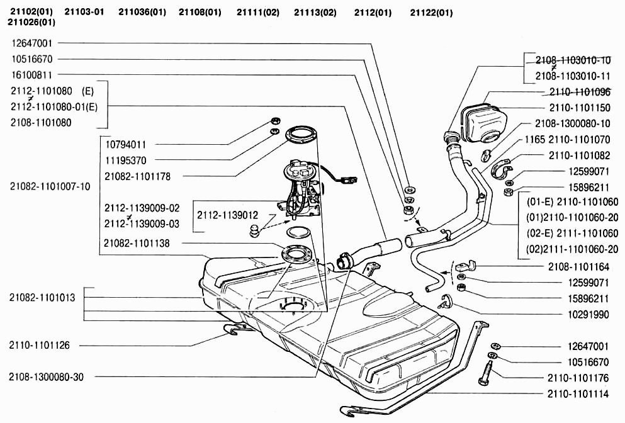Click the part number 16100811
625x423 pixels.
click(31, 75)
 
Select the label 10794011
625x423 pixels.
click(125, 144)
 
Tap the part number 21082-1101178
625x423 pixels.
click(137, 176)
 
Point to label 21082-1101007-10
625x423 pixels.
click(50, 186)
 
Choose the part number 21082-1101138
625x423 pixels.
click(137, 243)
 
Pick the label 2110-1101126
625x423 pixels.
click(39, 345)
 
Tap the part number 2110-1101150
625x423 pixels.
click(580, 108)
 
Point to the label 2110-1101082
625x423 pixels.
click(580, 155)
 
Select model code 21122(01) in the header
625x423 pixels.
click(431, 13)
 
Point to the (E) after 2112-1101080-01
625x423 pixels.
click(91, 106)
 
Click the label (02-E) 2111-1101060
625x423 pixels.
click(572, 233)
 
